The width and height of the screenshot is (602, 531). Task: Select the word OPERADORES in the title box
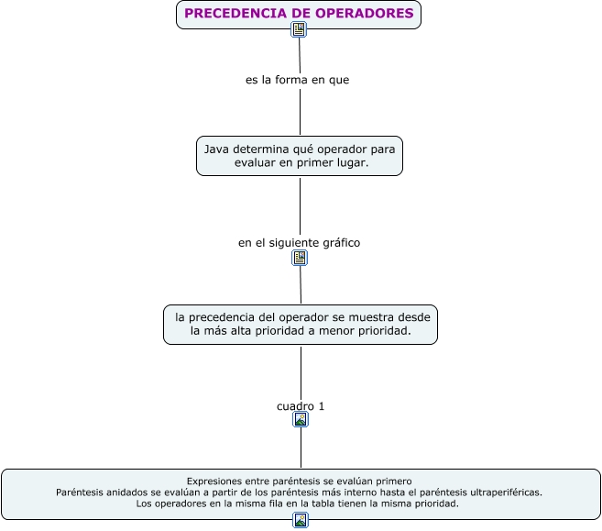(365, 14)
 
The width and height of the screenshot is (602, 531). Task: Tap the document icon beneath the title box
(299, 29)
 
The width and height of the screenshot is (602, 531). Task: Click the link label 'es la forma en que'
(297, 80)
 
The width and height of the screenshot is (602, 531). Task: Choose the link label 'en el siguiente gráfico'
(299, 243)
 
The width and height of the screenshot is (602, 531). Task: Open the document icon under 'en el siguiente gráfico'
(300, 258)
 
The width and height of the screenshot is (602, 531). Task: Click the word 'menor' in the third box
(334, 330)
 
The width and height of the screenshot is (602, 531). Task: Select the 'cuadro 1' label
(301, 405)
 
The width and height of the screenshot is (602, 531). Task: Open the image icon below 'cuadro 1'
(301, 419)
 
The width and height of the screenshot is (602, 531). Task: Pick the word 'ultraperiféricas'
(501, 492)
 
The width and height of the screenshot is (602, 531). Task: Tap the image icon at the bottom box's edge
(301, 520)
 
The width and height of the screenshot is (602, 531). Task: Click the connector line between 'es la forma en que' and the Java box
(301, 112)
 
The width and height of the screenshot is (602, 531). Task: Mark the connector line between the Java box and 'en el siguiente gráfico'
(301, 205)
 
